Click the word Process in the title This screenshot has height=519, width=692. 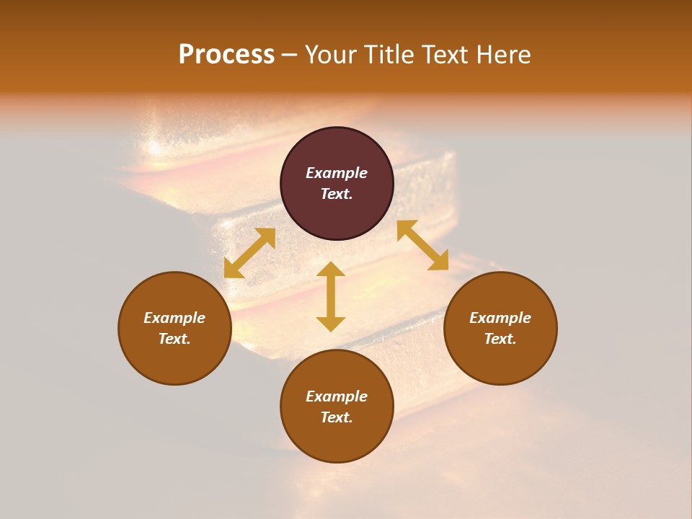click(x=226, y=55)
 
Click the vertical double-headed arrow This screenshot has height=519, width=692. click(x=331, y=296)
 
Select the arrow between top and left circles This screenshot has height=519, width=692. click(x=249, y=253)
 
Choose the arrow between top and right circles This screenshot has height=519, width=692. click(x=422, y=245)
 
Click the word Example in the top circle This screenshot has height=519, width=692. click(x=337, y=173)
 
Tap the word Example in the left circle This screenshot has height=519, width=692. click(x=174, y=318)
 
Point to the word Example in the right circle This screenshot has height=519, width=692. click(x=500, y=318)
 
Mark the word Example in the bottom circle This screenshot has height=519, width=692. click(x=337, y=396)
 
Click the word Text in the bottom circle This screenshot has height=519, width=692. click(x=337, y=417)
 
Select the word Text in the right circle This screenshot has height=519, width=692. click(x=500, y=339)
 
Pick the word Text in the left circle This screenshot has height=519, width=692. click(x=174, y=339)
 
